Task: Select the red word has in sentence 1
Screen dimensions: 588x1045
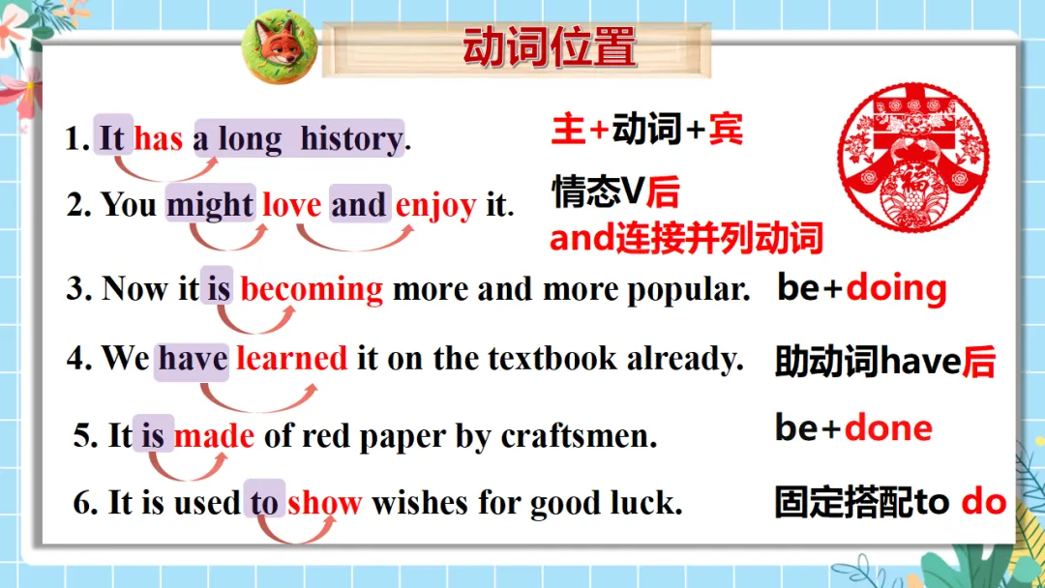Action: click(x=158, y=139)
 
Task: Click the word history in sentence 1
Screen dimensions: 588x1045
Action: click(x=351, y=139)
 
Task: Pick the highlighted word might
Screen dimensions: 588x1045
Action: click(x=210, y=205)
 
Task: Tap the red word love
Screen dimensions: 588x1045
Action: click(x=291, y=205)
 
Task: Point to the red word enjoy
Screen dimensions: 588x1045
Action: click(x=435, y=205)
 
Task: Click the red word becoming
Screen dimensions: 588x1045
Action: click(x=312, y=288)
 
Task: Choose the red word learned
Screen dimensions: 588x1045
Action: click(x=291, y=359)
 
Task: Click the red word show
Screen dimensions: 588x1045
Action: click(x=324, y=503)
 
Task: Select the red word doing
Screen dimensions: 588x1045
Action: click(x=896, y=288)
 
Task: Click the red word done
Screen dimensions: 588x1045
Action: click(x=888, y=428)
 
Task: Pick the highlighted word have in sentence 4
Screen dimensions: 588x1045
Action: click(x=193, y=359)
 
